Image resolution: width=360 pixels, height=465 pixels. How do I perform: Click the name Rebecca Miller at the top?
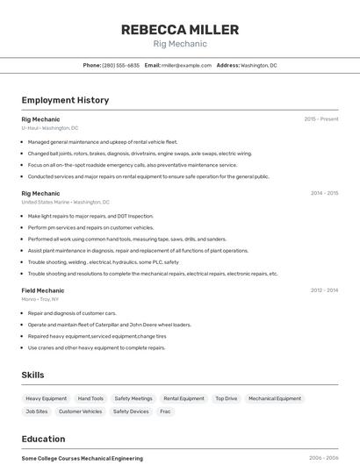(x=179, y=30)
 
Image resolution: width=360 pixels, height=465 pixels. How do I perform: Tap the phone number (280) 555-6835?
(x=120, y=66)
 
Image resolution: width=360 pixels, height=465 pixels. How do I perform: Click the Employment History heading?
(x=65, y=100)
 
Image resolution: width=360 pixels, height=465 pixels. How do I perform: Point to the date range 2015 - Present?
(x=320, y=119)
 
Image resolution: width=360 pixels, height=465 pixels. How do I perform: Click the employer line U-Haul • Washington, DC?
(x=50, y=128)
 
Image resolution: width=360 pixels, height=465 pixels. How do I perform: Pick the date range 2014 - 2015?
(x=324, y=193)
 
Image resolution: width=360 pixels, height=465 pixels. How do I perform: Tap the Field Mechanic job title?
(x=43, y=290)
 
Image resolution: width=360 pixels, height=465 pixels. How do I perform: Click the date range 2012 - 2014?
(x=324, y=290)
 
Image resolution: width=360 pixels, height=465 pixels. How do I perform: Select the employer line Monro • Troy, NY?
(x=41, y=299)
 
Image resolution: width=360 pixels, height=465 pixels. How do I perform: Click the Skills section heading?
(x=33, y=375)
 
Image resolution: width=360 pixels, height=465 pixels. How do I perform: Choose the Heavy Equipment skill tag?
(x=47, y=398)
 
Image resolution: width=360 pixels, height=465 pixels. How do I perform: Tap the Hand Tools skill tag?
(x=90, y=398)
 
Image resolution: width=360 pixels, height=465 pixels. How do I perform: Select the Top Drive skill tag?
(x=226, y=398)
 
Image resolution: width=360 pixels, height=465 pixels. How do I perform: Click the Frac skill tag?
(x=165, y=411)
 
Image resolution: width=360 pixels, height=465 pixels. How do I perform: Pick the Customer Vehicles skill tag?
(x=80, y=411)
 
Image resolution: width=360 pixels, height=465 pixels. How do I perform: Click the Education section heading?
(x=43, y=439)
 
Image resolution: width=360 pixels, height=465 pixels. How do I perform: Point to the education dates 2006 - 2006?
(x=324, y=458)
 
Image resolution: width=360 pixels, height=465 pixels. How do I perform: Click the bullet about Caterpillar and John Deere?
(x=109, y=325)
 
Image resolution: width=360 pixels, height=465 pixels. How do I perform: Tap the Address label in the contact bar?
(x=227, y=66)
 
